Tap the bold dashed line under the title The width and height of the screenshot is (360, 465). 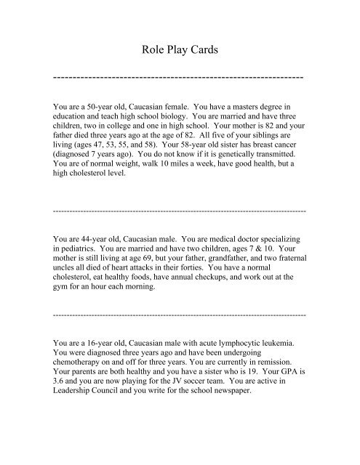[179, 76]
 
